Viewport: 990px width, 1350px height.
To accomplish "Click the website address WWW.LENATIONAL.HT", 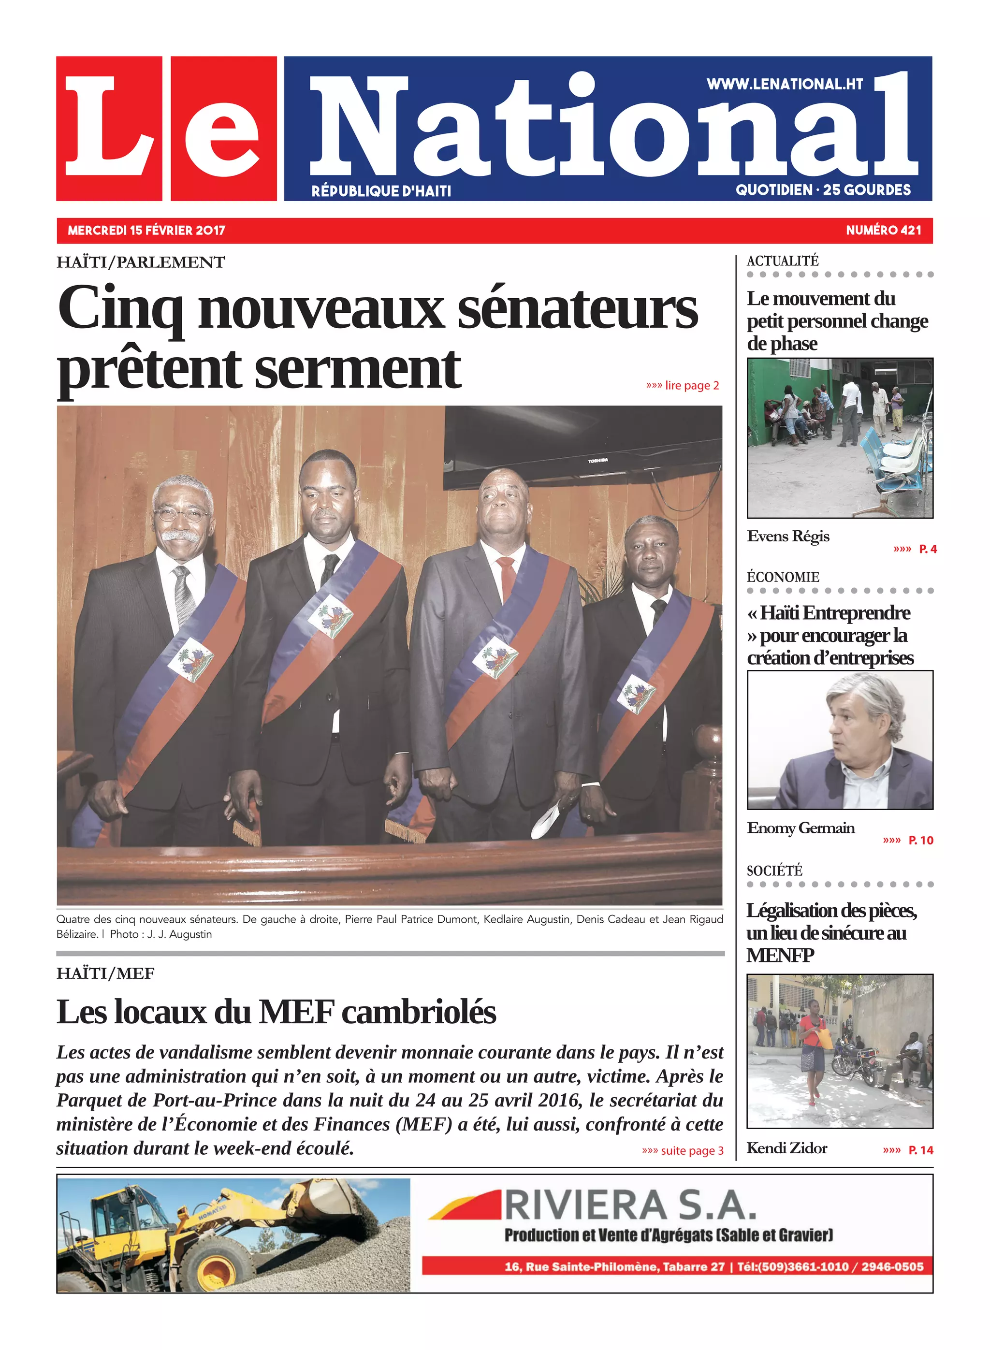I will click(x=785, y=85).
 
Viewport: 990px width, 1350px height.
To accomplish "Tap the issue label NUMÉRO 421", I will click(x=883, y=231).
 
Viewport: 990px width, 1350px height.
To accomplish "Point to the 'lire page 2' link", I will click(x=683, y=386).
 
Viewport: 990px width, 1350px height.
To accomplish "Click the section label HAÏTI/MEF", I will click(x=105, y=973).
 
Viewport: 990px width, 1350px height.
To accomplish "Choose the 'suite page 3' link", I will click(x=683, y=1150).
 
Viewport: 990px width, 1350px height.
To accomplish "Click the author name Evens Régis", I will click(x=788, y=537).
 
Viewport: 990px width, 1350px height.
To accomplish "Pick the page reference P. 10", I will click(x=920, y=841).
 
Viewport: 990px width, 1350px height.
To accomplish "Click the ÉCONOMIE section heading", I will click(x=783, y=577).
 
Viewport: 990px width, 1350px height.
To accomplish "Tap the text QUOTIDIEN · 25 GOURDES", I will click(x=823, y=190).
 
